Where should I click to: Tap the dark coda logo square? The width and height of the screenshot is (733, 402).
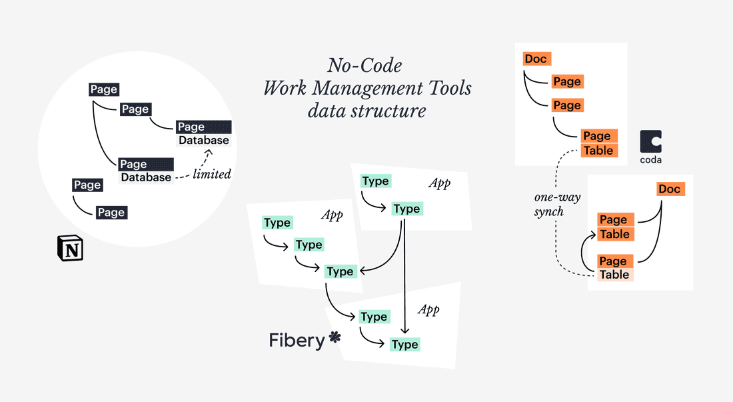(x=651, y=142)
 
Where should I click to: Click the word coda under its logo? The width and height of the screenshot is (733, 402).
(x=651, y=160)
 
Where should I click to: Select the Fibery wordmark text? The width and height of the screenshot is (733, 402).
(x=297, y=340)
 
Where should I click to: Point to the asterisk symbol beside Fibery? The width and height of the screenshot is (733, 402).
(x=335, y=338)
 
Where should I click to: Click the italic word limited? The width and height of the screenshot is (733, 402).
(x=211, y=174)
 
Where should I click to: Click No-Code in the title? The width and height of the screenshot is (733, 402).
(x=365, y=65)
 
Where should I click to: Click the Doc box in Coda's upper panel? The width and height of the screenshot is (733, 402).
(x=536, y=59)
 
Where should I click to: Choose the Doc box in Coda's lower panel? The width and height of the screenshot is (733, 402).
(x=669, y=189)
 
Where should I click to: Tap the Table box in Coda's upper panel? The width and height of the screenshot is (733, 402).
(x=598, y=151)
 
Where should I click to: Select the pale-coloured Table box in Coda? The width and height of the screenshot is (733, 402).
(x=614, y=275)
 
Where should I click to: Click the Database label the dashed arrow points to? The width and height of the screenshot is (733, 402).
(x=203, y=141)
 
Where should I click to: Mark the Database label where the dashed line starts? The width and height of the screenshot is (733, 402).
(x=146, y=177)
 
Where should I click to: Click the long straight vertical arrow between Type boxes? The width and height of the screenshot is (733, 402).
(x=405, y=280)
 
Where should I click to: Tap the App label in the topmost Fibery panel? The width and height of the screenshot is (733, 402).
(x=439, y=183)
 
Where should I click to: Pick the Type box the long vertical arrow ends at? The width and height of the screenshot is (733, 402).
(x=404, y=344)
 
